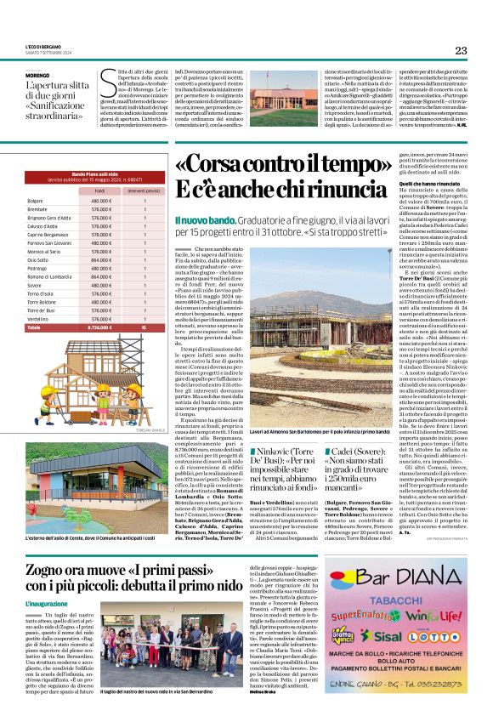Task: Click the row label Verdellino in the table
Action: (x=38, y=319)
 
